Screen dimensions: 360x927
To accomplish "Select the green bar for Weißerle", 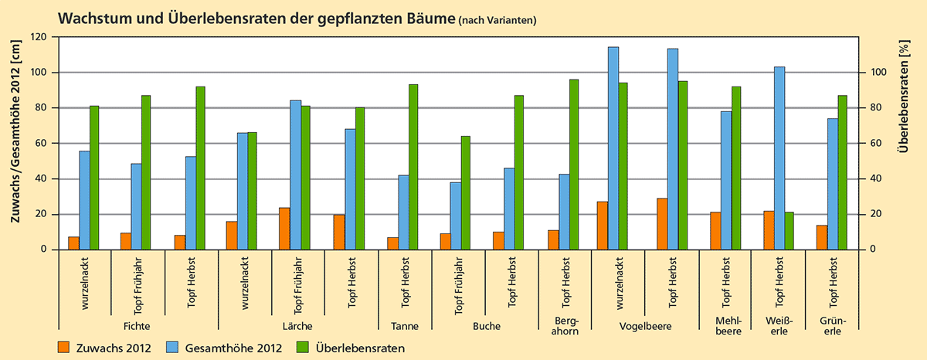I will [x=789, y=230].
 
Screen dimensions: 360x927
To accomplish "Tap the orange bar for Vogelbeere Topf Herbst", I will [x=662, y=224].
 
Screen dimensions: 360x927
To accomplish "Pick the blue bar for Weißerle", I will [x=779, y=158].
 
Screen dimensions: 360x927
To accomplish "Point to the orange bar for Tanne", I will [x=392, y=243].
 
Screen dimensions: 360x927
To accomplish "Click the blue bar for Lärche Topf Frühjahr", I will [x=296, y=175].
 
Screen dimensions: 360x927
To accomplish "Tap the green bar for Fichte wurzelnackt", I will [x=94, y=178].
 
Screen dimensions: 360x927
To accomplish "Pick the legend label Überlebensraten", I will [x=361, y=348].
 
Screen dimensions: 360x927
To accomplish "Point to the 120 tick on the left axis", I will [x=37, y=37].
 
